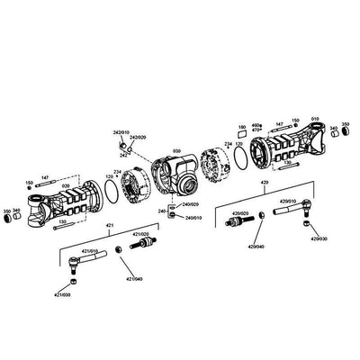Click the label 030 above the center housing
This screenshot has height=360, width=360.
(x=177, y=151)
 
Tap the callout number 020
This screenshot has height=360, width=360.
(x=66, y=185)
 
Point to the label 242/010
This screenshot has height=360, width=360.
(x=121, y=132)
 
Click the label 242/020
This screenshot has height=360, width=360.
(x=138, y=138)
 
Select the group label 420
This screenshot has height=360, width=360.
(x=264, y=183)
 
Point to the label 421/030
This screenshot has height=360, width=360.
(x=61, y=293)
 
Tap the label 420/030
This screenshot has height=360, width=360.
(x=319, y=240)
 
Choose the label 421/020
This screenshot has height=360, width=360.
(x=141, y=237)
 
